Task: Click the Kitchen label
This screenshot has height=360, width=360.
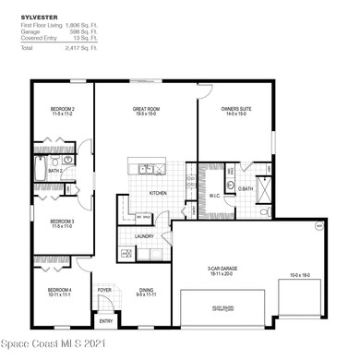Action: (158, 193)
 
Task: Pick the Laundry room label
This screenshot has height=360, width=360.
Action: (143, 236)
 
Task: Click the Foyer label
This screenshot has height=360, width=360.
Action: (105, 289)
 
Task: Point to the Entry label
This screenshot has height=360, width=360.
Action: (105, 321)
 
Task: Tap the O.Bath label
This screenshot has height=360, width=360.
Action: (246, 190)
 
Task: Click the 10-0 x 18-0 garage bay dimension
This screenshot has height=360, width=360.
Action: (300, 275)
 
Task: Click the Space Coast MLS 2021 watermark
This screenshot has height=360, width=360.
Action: (54, 350)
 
